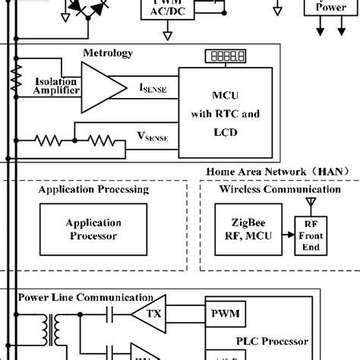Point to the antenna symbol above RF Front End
point(309,203)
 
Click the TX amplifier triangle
point(148,313)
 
